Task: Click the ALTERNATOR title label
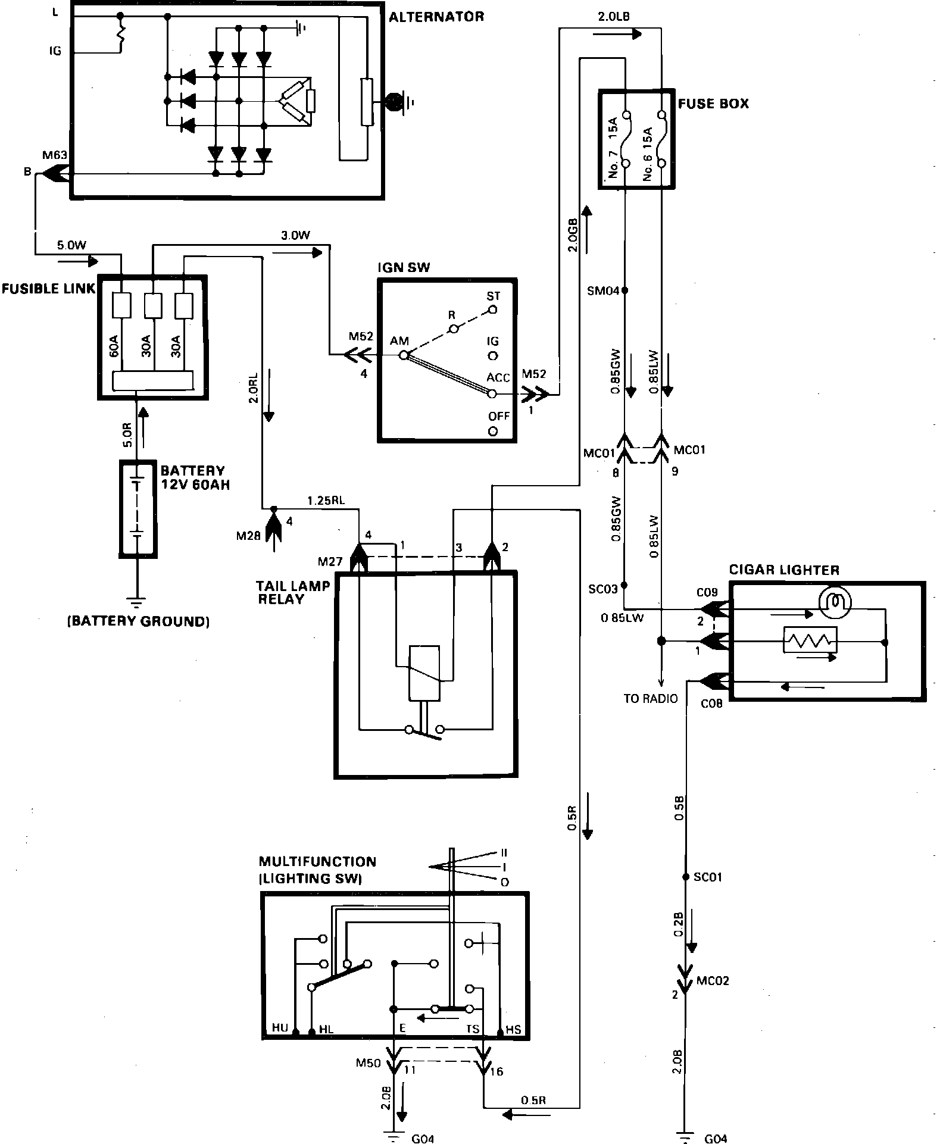(436, 17)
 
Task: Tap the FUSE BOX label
(713, 104)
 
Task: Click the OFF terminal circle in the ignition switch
(492, 431)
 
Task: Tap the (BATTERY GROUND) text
(139, 621)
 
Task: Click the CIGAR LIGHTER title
(784, 570)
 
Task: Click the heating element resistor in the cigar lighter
(810, 641)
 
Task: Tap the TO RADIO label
(650, 698)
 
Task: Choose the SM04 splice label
(604, 291)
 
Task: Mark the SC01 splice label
(708, 877)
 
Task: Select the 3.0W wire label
(295, 235)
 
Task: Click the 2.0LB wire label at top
(613, 17)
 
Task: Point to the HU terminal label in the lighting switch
(280, 1028)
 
